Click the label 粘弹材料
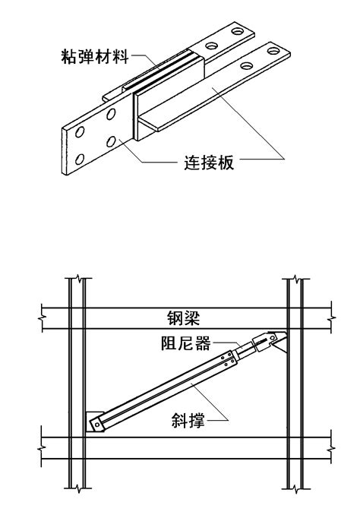tap(94, 56)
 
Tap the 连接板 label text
tap(209, 163)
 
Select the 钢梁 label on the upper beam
tap(183, 318)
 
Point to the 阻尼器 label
tap(185, 343)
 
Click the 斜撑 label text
tap(188, 421)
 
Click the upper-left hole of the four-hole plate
tap(79, 132)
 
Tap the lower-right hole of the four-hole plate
tap(111, 142)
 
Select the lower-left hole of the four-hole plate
tap(79, 160)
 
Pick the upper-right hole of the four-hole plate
tap(111, 114)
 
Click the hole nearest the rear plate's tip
tap(237, 31)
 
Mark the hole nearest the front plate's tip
tap(273, 51)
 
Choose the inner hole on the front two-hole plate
tap(247, 65)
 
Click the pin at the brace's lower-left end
tap(96, 425)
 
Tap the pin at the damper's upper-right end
tap(273, 337)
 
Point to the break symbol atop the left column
tap(78, 278)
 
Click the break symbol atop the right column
tap(296, 280)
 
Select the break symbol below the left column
tap(78, 488)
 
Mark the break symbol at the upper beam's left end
tap(42, 318)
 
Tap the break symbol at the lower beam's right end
tap(331, 448)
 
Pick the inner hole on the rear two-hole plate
tap(211, 46)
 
